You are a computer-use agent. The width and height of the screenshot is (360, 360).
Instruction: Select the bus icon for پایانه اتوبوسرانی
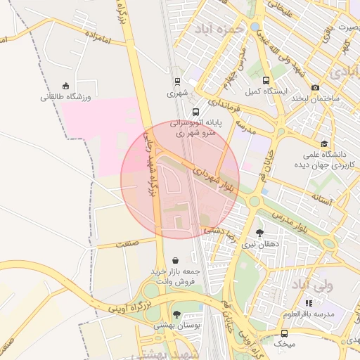pyautogui.click(x=195, y=111)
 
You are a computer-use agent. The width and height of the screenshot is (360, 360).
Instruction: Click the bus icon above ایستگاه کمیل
pyautogui.click(x=266, y=80)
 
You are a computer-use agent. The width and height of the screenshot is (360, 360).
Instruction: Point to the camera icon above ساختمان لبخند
pyautogui.click(x=315, y=87)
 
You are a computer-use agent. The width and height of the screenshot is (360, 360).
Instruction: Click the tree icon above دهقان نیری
pyautogui.click(x=259, y=233)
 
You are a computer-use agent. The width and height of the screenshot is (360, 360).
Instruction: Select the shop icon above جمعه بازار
pyautogui.click(x=174, y=261)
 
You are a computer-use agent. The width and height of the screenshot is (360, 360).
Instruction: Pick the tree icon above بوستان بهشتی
pyautogui.click(x=176, y=314)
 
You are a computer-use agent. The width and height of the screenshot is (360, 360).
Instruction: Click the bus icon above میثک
pyautogui.click(x=284, y=333)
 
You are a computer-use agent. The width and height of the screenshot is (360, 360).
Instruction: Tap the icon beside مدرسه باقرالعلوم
pyautogui.click(x=309, y=303)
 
